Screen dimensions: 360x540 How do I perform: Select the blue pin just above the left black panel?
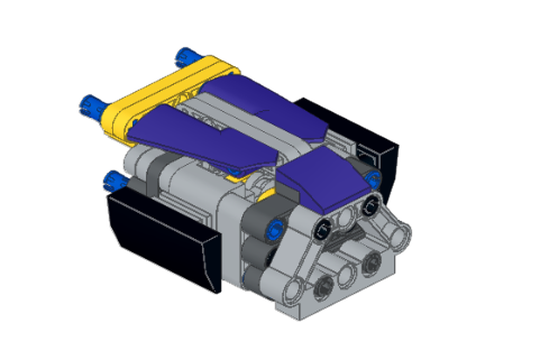pos(114,179)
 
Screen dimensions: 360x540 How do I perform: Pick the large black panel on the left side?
pos(162,237)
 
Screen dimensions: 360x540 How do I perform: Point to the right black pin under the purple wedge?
pos(370,205)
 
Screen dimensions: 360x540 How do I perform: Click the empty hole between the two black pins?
pos(346,218)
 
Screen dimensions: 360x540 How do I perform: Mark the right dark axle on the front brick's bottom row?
pos(372,263)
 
